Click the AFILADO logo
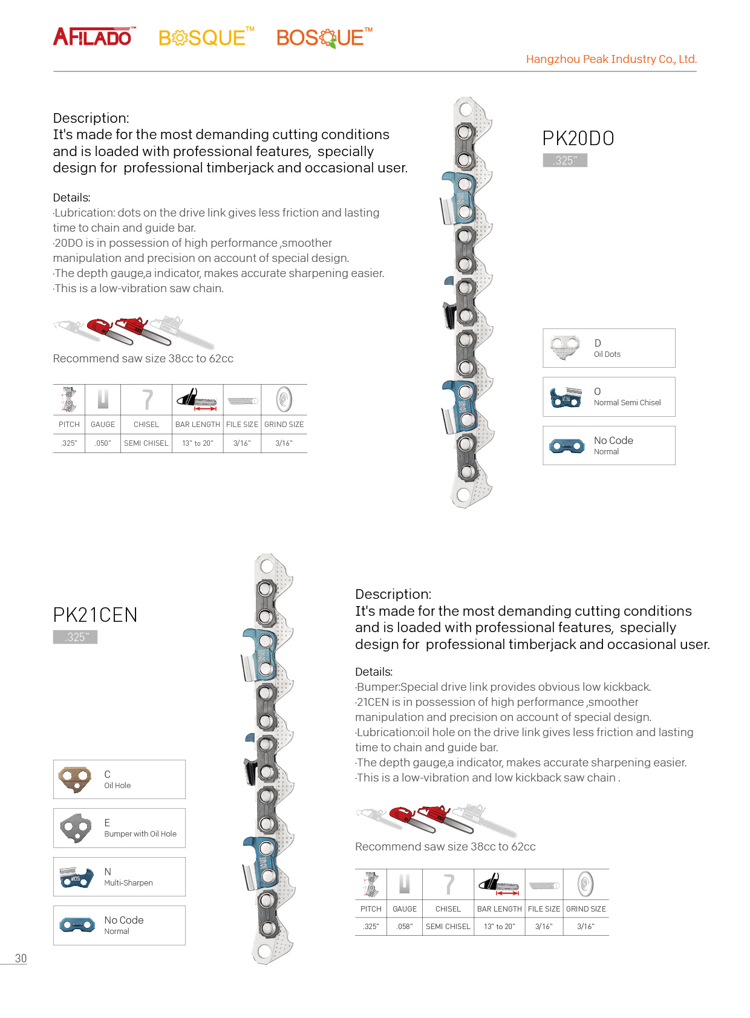(x=94, y=37)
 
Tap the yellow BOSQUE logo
(x=205, y=38)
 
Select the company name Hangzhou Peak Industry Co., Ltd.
(x=611, y=59)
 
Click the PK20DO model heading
(x=578, y=139)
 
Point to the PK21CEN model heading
(x=95, y=615)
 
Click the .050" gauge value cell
(x=103, y=443)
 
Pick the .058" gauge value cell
(x=405, y=927)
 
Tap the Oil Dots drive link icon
(x=566, y=348)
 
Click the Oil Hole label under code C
(x=117, y=786)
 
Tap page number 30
(x=21, y=958)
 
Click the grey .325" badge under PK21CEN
(x=76, y=637)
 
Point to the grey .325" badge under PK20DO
(x=565, y=160)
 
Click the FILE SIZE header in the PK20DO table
(x=242, y=425)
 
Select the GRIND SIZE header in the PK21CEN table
(x=585, y=909)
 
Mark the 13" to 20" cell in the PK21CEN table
(x=499, y=927)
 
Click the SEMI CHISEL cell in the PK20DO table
(x=146, y=443)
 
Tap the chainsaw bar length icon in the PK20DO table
(x=197, y=399)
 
